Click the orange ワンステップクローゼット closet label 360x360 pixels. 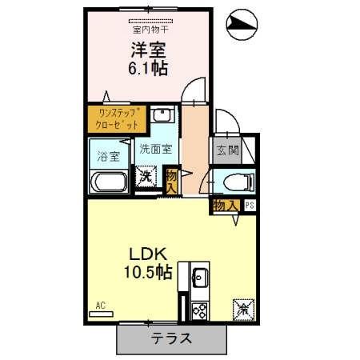(117, 118)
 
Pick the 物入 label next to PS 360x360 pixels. (225, 206)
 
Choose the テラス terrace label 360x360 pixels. (170, 338)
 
